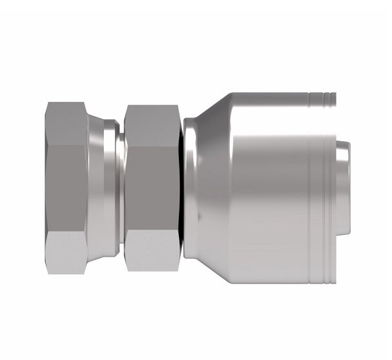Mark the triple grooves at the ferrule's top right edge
322,99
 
